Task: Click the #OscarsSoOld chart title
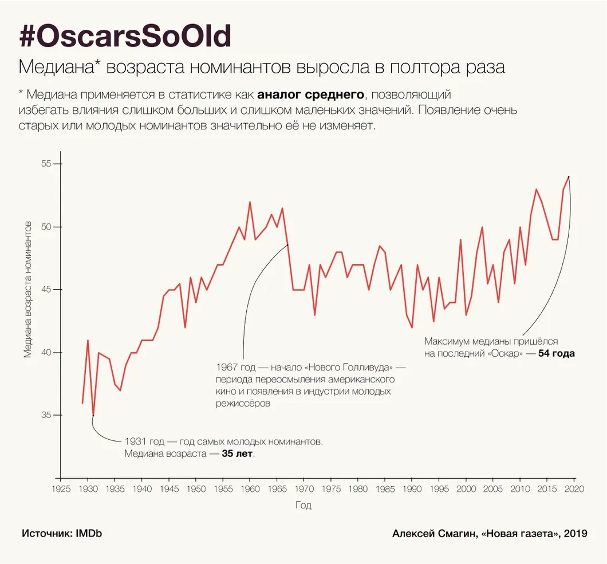click(125, 37)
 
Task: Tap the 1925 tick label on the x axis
click(60, 489)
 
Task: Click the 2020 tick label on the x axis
click(574, 489)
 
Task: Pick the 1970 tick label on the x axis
click(303, 489)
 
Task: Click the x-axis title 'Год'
click(303, 506)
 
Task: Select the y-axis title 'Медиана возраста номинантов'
click(27, 289)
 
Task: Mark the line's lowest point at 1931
click(93, 415)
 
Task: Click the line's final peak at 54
click(569, 176)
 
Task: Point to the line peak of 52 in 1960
click(250, 202)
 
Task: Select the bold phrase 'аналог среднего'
click(310, 94)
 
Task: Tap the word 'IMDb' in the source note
click(88, 534)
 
